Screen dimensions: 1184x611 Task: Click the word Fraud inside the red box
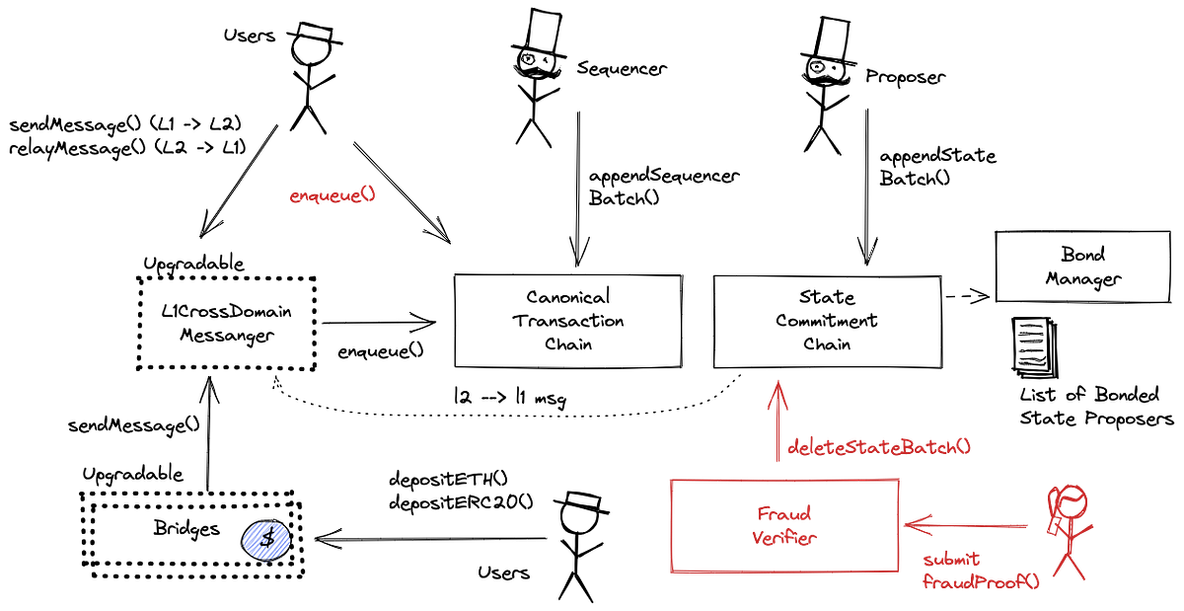[784, 514]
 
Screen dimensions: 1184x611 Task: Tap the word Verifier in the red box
[784, 538]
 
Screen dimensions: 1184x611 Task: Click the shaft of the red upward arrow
[777, 434]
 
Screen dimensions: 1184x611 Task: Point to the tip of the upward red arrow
[777, 379]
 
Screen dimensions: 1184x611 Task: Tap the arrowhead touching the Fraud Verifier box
[913, 525]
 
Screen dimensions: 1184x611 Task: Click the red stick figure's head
[1072, 498]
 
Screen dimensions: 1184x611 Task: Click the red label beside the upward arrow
[877, 447]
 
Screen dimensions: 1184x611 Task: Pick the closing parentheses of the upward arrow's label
[964, 447]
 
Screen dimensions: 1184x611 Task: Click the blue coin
[266, 540]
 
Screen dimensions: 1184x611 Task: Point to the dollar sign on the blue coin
[266, 539]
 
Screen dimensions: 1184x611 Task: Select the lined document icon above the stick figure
[1032, 344]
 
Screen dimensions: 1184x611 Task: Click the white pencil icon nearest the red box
[582, 499]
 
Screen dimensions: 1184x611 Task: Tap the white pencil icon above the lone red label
[316, 33]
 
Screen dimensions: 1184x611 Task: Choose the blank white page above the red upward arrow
[834, 37]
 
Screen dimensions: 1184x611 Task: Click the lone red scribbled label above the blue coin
[333, 195]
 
